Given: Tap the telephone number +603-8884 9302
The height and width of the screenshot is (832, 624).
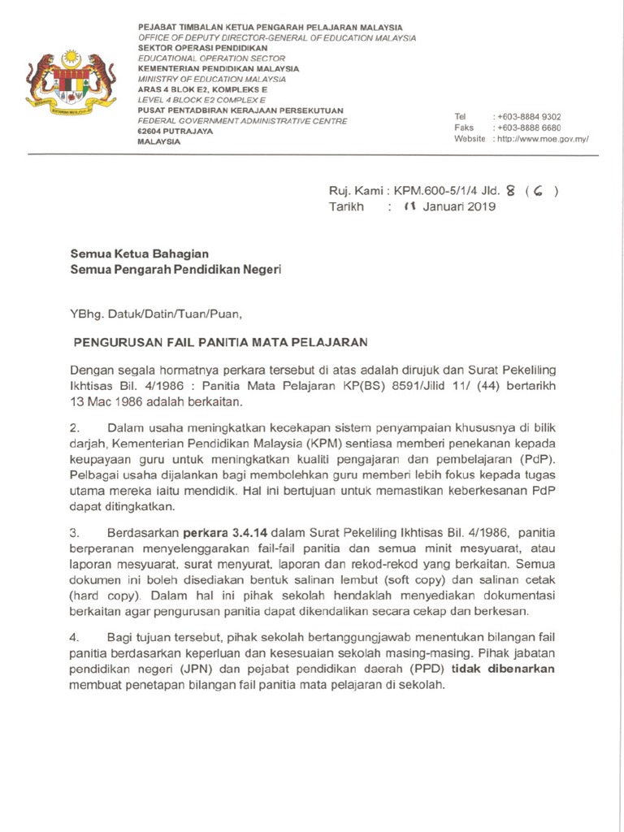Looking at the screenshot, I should (529, 117).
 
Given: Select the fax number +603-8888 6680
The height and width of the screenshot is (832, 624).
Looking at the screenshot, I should (529, 128).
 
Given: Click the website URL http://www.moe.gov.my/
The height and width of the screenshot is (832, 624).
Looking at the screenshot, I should (542, 140).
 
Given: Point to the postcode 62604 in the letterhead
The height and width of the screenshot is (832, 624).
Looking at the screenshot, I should (149, 131).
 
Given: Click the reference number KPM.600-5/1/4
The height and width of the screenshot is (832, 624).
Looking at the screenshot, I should (435, 192).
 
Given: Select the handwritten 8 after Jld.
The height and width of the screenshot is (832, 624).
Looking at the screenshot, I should (509, 192).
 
